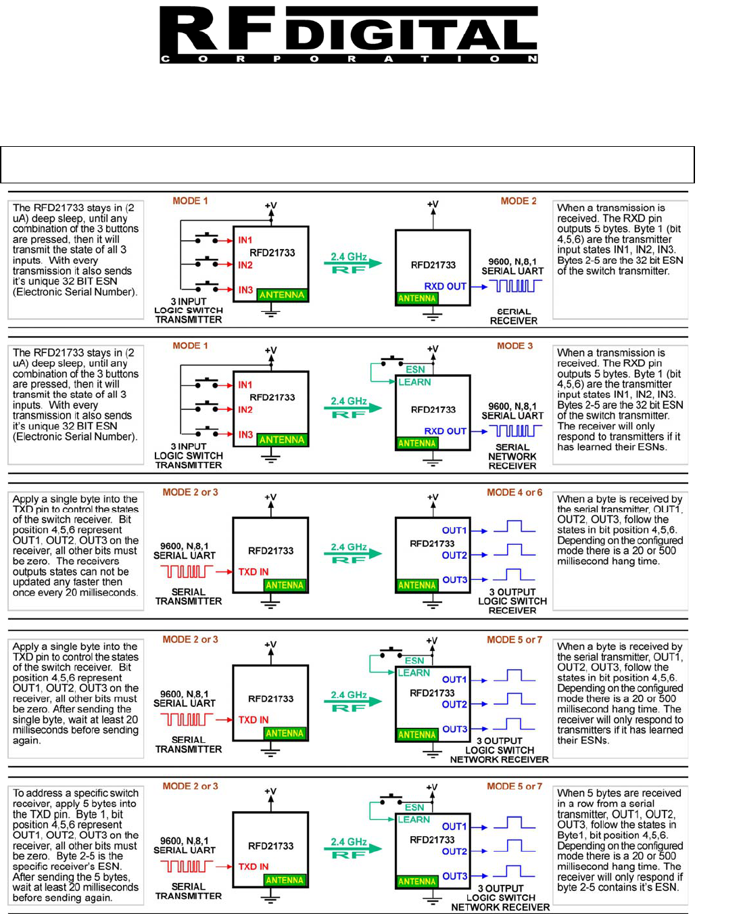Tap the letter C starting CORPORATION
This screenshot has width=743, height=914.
click(x=165, y=59)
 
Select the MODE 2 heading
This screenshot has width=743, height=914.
click(x=519, y=201)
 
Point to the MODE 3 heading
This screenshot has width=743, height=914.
click(x=515, y=346)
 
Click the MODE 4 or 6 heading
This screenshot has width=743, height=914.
click(x=514, y=493)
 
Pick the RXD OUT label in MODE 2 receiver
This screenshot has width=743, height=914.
click(x=445, y=286)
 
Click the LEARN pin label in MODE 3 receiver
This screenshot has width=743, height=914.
click(x=414, y=382)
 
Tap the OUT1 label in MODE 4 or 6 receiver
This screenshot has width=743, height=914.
click(x=454, y=530)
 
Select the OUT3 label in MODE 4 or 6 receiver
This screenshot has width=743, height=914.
click(x=454, y=580)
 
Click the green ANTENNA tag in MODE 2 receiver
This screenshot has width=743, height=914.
click(x=416, y=298)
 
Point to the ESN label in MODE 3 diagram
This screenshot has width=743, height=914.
click(x=415, y=369)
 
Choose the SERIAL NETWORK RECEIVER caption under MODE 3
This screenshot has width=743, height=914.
click(x=512, y=457)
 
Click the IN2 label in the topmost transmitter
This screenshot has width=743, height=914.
click(x=245, y=265)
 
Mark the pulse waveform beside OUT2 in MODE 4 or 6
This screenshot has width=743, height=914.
click(x=514, y=551)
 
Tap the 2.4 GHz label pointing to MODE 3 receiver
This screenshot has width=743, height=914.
click(x=349, y=401)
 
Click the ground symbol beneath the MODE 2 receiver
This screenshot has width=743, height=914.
click(x=433, y=315)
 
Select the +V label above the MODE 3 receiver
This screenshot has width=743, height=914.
click(x=433, y=349)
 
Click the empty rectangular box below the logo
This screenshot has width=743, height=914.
click(x=347, y=164)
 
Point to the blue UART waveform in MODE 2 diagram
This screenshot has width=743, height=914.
click(x=516, y=286)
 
